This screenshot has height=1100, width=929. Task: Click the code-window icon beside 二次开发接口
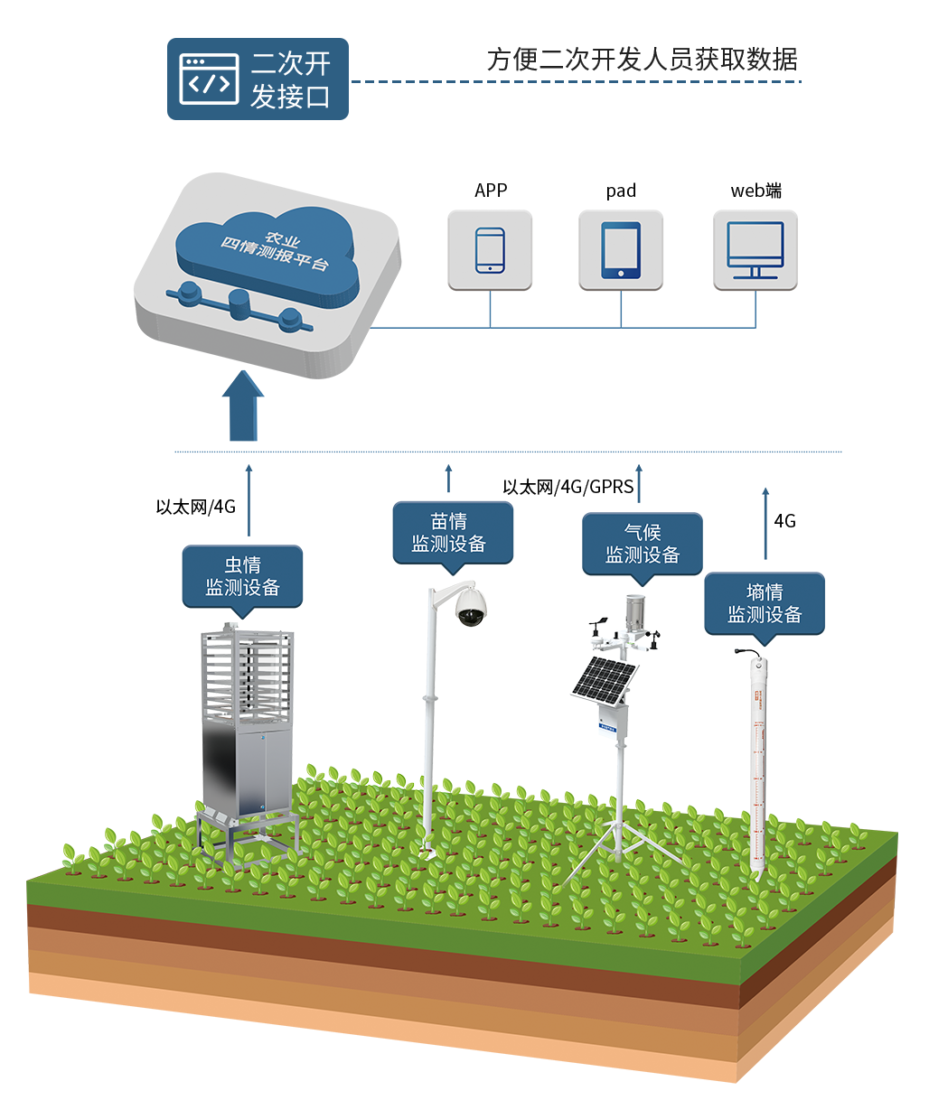click(x=209, y=79)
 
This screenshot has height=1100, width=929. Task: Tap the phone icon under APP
click(x=490, y=250)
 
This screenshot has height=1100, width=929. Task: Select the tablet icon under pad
click(x=621, y=250)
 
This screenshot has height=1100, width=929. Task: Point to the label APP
click(x=491, y=191)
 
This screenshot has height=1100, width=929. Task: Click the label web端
click(x=755, y=191)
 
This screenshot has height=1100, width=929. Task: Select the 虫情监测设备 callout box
click(x=242, y=576)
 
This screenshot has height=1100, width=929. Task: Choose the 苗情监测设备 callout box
click(x=453, y=533)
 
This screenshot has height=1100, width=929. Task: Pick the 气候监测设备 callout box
click(x=643, y=544)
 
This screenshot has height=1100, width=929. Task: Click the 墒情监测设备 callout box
click(x=765, y=603)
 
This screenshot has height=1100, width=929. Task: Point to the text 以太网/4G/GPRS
click(x=568, y=487)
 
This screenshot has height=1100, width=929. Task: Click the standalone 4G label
click(x=784, y=521)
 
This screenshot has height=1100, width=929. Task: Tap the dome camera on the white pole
click(x=470, y=607)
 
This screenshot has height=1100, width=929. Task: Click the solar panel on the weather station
click(x=604, y=679)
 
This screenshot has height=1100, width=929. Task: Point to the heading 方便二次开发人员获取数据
click(x=642, y=60)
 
